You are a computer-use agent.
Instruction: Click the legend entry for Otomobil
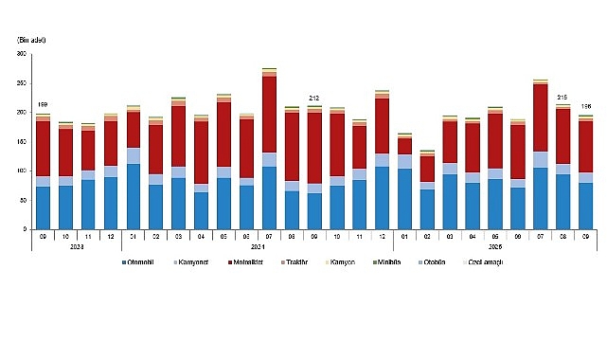[x=148, y=286]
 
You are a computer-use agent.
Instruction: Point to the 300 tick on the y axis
[x=21, y=54]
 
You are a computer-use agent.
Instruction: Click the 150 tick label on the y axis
[x=21, y=142]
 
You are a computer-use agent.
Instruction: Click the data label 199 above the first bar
[x=43, y=105]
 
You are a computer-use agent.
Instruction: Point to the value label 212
[x=313, y=98]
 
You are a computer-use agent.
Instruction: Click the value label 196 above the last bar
[x=585, y=106]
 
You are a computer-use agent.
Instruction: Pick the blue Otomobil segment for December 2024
[x=382, y=197]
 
